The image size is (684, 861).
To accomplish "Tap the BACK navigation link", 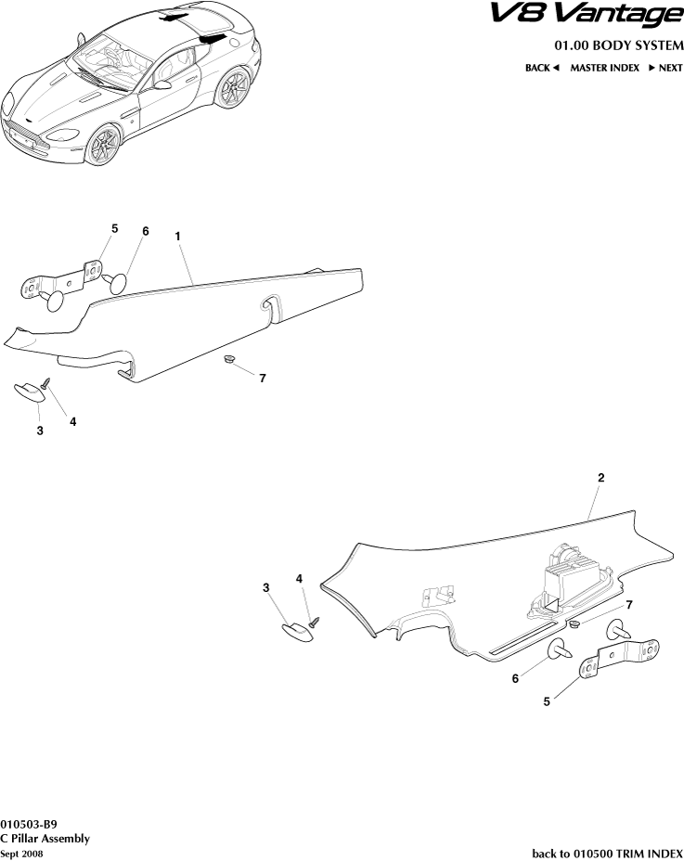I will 542,68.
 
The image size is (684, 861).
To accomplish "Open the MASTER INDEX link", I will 604,68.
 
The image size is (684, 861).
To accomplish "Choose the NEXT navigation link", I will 665,68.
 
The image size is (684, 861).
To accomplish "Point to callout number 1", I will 176,237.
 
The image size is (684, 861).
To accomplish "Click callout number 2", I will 601,478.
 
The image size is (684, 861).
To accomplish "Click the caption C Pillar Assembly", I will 45,838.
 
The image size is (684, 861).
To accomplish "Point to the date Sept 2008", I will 21,853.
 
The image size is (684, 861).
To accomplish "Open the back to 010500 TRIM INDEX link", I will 607,853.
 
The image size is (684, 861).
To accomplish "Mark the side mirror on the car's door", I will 162,84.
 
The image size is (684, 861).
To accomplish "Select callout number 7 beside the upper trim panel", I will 263,379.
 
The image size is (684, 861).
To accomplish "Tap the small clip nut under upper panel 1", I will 227,358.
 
